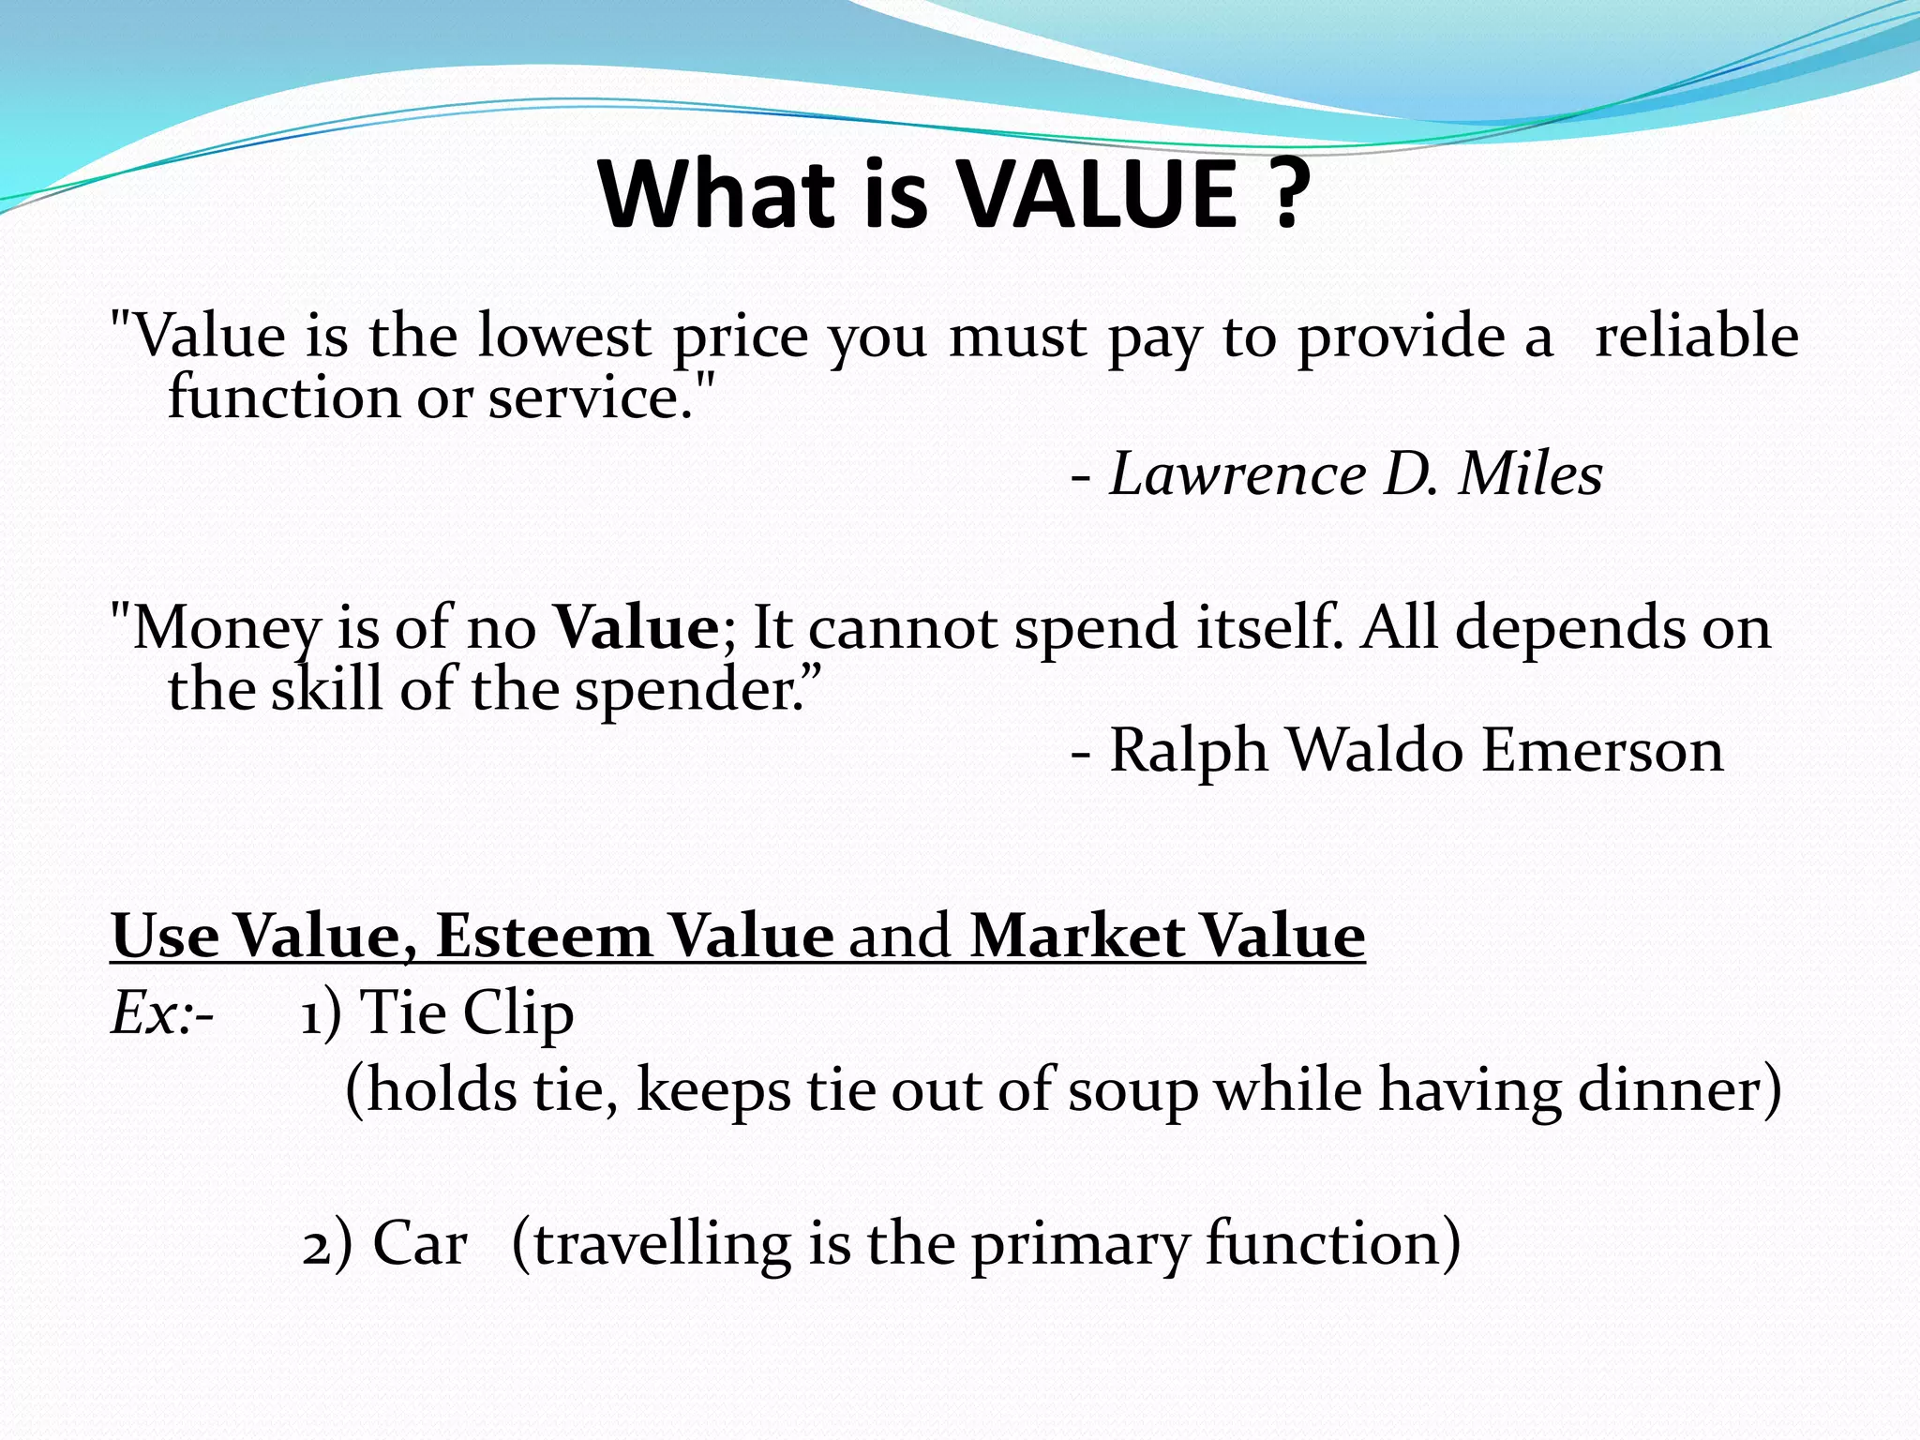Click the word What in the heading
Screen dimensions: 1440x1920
pyautogui.click(x=717, y=194)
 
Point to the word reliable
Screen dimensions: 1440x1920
pyautogui.click(x=1697, y=336)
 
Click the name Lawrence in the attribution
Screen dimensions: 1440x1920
pyautogui.click(x=1238, y=474)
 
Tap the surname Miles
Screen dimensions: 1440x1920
pyautogui.click(x=1531, y=474)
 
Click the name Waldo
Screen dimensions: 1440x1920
pyautogui.click(x=1375, y=751)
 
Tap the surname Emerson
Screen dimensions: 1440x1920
pyautogui.click(x=1603, y=751)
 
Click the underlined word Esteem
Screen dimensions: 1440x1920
pyautogui.click(x=544, y=936)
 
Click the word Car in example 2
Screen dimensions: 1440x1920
pyautogui.click(x=420, y=1245)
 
